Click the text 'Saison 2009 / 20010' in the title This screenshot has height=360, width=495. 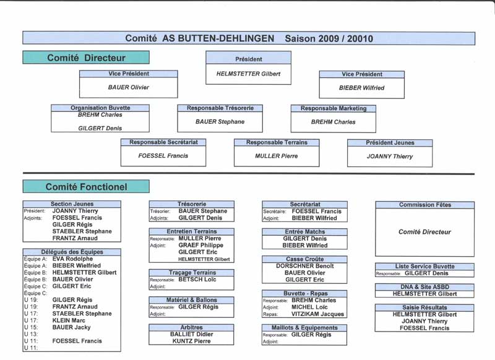point(329,38)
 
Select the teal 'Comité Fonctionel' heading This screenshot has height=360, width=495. point(86,186)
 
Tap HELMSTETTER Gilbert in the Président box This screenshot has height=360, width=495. point(248,74)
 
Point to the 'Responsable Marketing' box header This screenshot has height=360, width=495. point(334,108)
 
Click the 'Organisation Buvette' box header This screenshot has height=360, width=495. point(100,108)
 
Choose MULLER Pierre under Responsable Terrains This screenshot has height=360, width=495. point(276,156)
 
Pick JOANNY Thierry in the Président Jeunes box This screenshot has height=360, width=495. point(390,156)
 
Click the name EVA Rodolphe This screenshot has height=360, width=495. point(72,259)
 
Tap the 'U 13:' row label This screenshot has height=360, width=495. point(30,334)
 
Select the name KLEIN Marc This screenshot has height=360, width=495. point(69,320)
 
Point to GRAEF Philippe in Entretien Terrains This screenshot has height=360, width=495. point(200,245)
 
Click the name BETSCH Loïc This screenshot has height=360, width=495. point(197,279)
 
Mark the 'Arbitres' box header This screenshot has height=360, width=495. point(191,327)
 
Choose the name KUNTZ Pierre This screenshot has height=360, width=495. point(191,341)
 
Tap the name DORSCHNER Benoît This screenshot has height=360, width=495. point(304,265)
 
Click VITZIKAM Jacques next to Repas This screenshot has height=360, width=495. point(317,314)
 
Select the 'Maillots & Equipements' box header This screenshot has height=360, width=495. point(304,327)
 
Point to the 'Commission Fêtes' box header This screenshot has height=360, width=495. point(424,205)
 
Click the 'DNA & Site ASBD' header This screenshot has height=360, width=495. point(424,287)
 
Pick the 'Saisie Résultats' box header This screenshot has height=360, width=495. point(424,307)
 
